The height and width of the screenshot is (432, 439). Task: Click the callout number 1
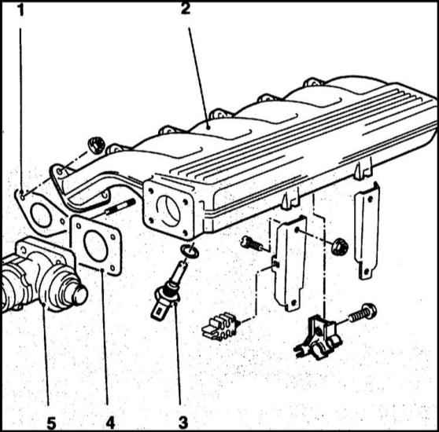[x=21, y=10]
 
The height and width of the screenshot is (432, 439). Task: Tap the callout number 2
[x=185, y=9]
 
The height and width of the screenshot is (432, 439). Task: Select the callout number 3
[x=183, y=423]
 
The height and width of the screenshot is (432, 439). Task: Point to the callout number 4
[x=110, y=423]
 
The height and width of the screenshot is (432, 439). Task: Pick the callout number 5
[x=51, y=423]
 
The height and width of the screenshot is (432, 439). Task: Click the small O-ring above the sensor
[x=190, y=251]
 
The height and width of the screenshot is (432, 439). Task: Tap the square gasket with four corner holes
[x=97, y=245]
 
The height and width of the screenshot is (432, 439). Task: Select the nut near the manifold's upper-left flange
[x=96, y=145]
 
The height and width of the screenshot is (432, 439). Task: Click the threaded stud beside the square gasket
[x=120, y=207]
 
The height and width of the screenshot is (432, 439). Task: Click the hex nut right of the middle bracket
[x=340, y=246]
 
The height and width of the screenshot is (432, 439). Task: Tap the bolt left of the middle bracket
[x=252, y=243]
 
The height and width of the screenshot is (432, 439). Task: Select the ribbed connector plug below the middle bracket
[x=221, y=327]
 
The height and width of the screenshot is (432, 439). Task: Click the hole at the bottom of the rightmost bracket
[x=366, y=271]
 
